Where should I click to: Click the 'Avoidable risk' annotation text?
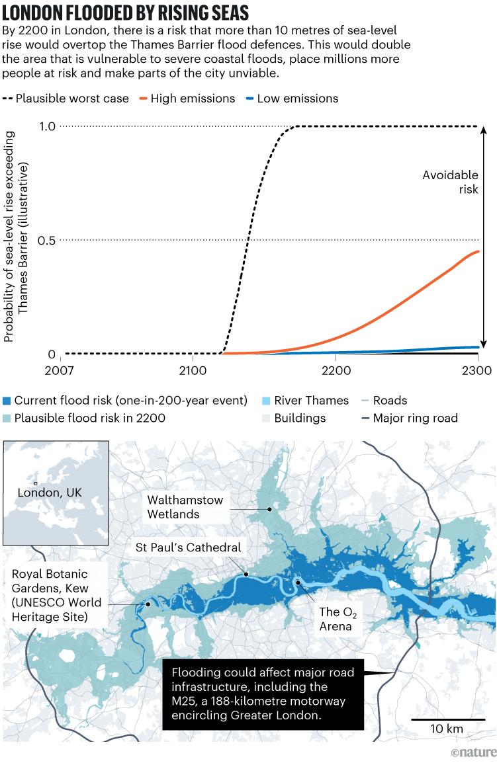451,182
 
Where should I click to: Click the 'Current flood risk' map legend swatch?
7,401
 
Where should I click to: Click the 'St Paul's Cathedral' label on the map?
188,547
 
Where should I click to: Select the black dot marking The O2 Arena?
298,582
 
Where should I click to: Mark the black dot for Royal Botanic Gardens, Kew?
148,604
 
